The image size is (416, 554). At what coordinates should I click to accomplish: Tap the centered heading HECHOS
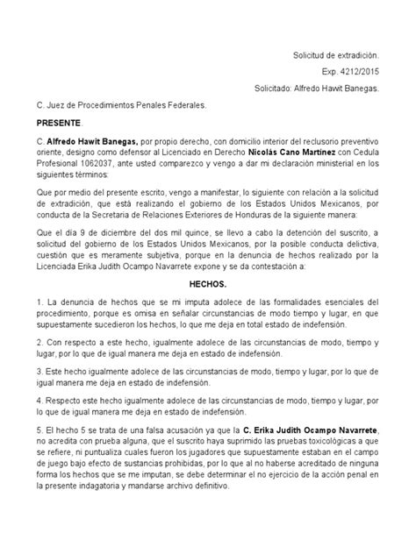click(207, 286)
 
